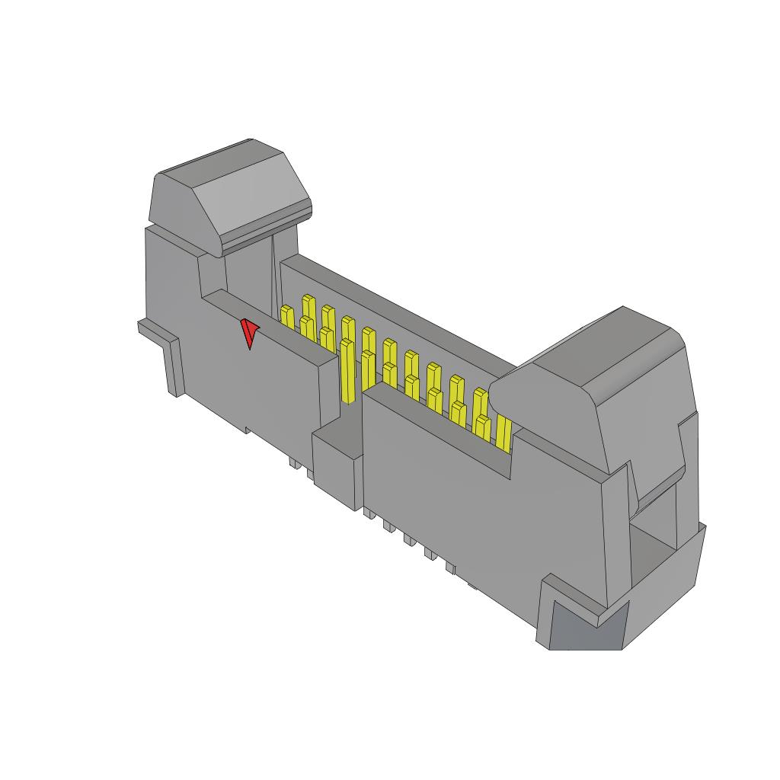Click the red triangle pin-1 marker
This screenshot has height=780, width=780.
click(x=249, y=333)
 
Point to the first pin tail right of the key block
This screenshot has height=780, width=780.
click(x=368, y=513)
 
